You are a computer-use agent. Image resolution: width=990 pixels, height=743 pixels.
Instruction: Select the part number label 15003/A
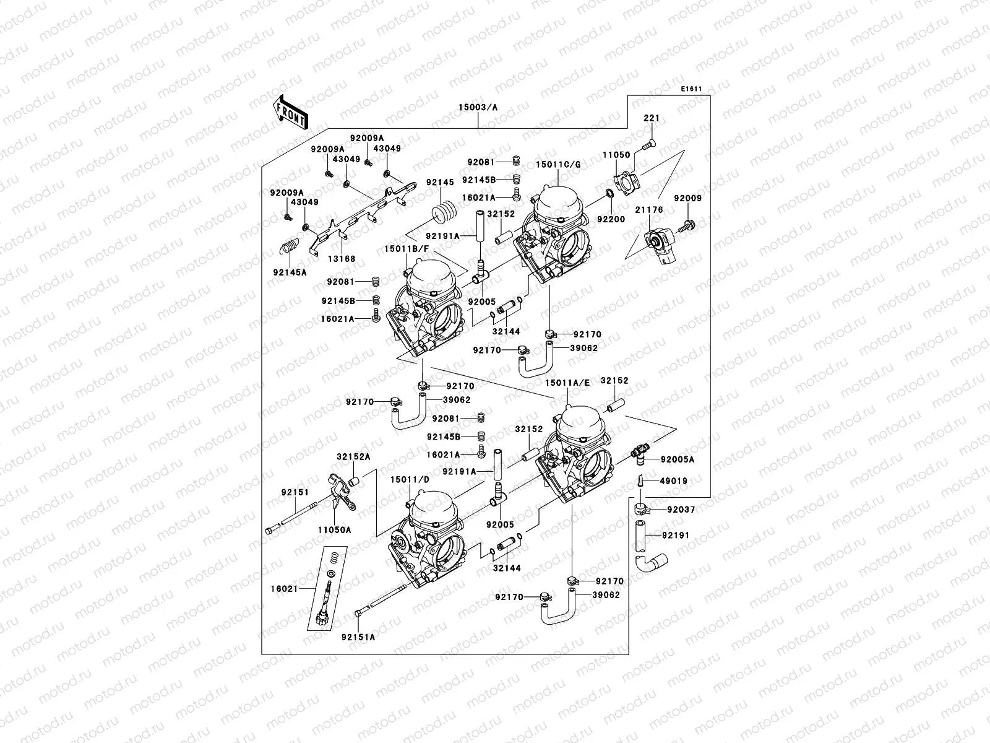pos(478,107)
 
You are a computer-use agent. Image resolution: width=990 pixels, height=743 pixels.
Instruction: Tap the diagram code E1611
pos(691,89)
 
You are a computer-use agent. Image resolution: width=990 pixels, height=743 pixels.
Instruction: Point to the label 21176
pos(648,210)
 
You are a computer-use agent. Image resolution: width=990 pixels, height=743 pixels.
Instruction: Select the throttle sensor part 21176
pos(660,244)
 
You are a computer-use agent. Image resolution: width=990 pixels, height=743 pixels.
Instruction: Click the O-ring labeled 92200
pos(609,196)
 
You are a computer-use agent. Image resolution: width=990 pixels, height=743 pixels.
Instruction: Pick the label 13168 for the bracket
pos(342,259)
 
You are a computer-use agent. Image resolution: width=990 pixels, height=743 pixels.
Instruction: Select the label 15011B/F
pos(407,248)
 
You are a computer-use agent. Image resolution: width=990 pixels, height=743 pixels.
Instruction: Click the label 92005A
pos(677,459)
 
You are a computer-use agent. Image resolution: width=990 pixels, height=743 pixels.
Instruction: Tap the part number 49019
pos(673,480)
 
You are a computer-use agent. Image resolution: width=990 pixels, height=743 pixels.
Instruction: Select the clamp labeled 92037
pos(642,510)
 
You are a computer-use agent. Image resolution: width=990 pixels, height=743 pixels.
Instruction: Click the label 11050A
pos(334,530)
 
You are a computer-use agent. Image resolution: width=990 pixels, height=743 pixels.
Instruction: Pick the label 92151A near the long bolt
pos(358,637)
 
